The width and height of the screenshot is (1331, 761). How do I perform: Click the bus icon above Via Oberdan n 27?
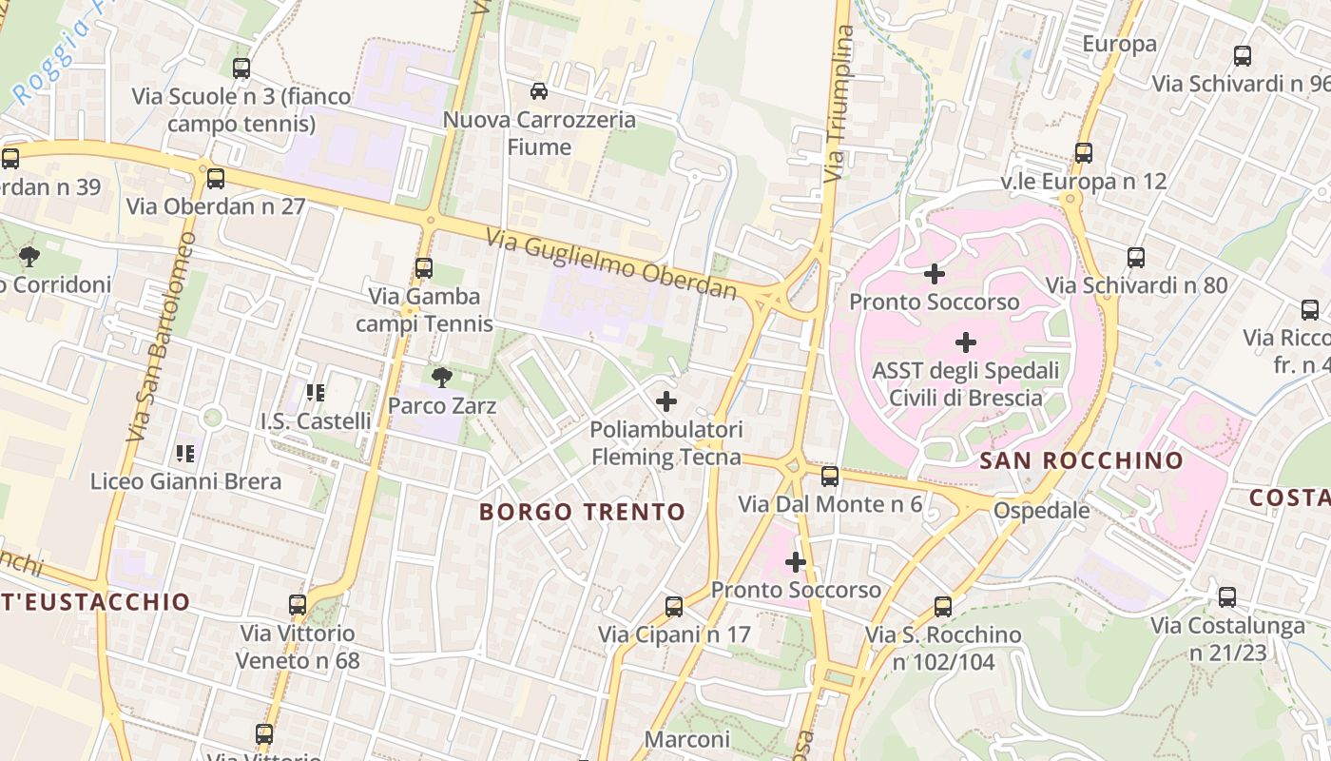click(x=216, y=178)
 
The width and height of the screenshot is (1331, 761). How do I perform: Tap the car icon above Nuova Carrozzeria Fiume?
click(x=539, y=91)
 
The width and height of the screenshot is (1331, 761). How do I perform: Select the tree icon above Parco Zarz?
click(x=441, y=378)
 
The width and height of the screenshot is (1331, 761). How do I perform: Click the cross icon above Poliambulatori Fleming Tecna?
click(x=666, y=401)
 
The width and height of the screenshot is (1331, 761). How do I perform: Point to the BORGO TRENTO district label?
click(x=582, y=512)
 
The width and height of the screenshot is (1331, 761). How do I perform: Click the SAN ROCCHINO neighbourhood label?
click(x=1082, y=461)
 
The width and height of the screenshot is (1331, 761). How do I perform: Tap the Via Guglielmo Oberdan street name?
click(x=612, y=263)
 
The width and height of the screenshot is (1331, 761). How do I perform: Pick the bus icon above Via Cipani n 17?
click(x=674, y=606)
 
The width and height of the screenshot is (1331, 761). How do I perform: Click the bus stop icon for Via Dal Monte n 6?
click(x=830, y=477)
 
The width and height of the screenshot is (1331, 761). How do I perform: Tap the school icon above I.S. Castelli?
click(x=316, y=392)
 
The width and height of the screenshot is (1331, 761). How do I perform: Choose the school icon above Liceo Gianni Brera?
click(x=185, y=454)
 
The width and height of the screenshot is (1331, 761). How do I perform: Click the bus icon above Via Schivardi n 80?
click(x=1135, y=257)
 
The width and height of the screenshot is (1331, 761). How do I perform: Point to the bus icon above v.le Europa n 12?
click(x=1083, y=153)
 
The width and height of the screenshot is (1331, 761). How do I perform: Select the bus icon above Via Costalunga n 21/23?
click(x=1227, y=597)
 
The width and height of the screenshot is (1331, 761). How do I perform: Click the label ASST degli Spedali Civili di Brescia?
click(x=966, y=383)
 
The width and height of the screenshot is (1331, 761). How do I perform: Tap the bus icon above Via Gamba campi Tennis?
click(x=424, y=268)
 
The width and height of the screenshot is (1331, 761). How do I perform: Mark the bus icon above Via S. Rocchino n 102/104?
click(x=942, y=606)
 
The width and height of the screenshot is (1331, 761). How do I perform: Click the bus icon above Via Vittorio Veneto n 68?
click(x=298, y=604)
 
